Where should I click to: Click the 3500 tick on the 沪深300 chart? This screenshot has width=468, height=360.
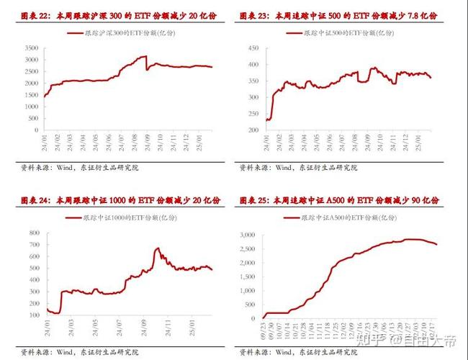pos(31,48)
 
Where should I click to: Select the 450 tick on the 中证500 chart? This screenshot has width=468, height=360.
pos(252,48)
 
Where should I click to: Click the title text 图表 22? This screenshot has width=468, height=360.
pos(35,16)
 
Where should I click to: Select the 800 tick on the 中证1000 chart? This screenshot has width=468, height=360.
pos(33,233)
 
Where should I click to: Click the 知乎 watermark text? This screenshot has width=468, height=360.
pos(362,338)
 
